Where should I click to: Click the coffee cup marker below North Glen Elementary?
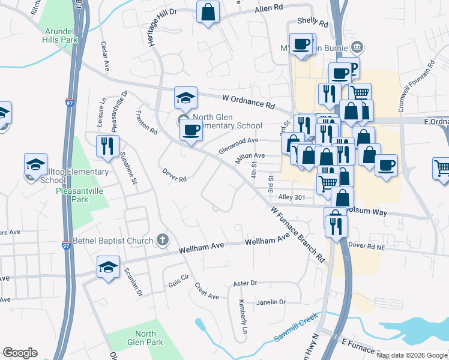[x=191, y=130]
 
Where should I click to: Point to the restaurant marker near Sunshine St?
[x=107, y=146]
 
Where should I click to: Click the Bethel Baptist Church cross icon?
[x=161, y=241]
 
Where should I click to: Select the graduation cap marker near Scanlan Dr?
[x=108, y=268]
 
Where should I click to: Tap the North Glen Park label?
[x=145, y=338]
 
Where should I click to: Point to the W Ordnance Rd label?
[x=248, y=100]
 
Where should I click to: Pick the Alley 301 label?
[x=292, y=197]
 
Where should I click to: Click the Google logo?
[x=20, y=353]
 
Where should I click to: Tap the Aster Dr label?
[x=245, y=283]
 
